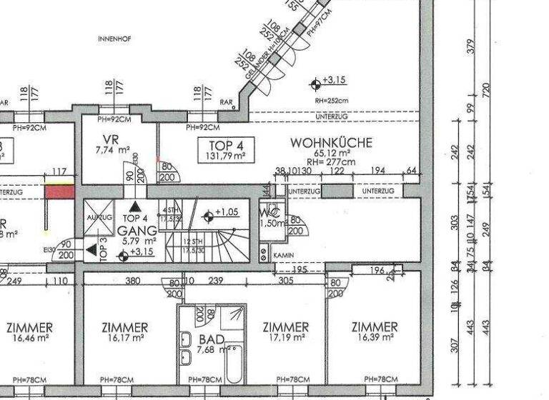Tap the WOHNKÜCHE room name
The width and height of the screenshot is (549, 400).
331,143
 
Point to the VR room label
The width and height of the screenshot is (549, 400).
110,139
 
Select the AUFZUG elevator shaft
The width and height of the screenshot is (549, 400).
99,216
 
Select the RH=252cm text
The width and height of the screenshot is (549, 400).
330,101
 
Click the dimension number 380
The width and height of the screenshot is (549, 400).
132,281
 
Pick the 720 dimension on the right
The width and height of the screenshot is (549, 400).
487,90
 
